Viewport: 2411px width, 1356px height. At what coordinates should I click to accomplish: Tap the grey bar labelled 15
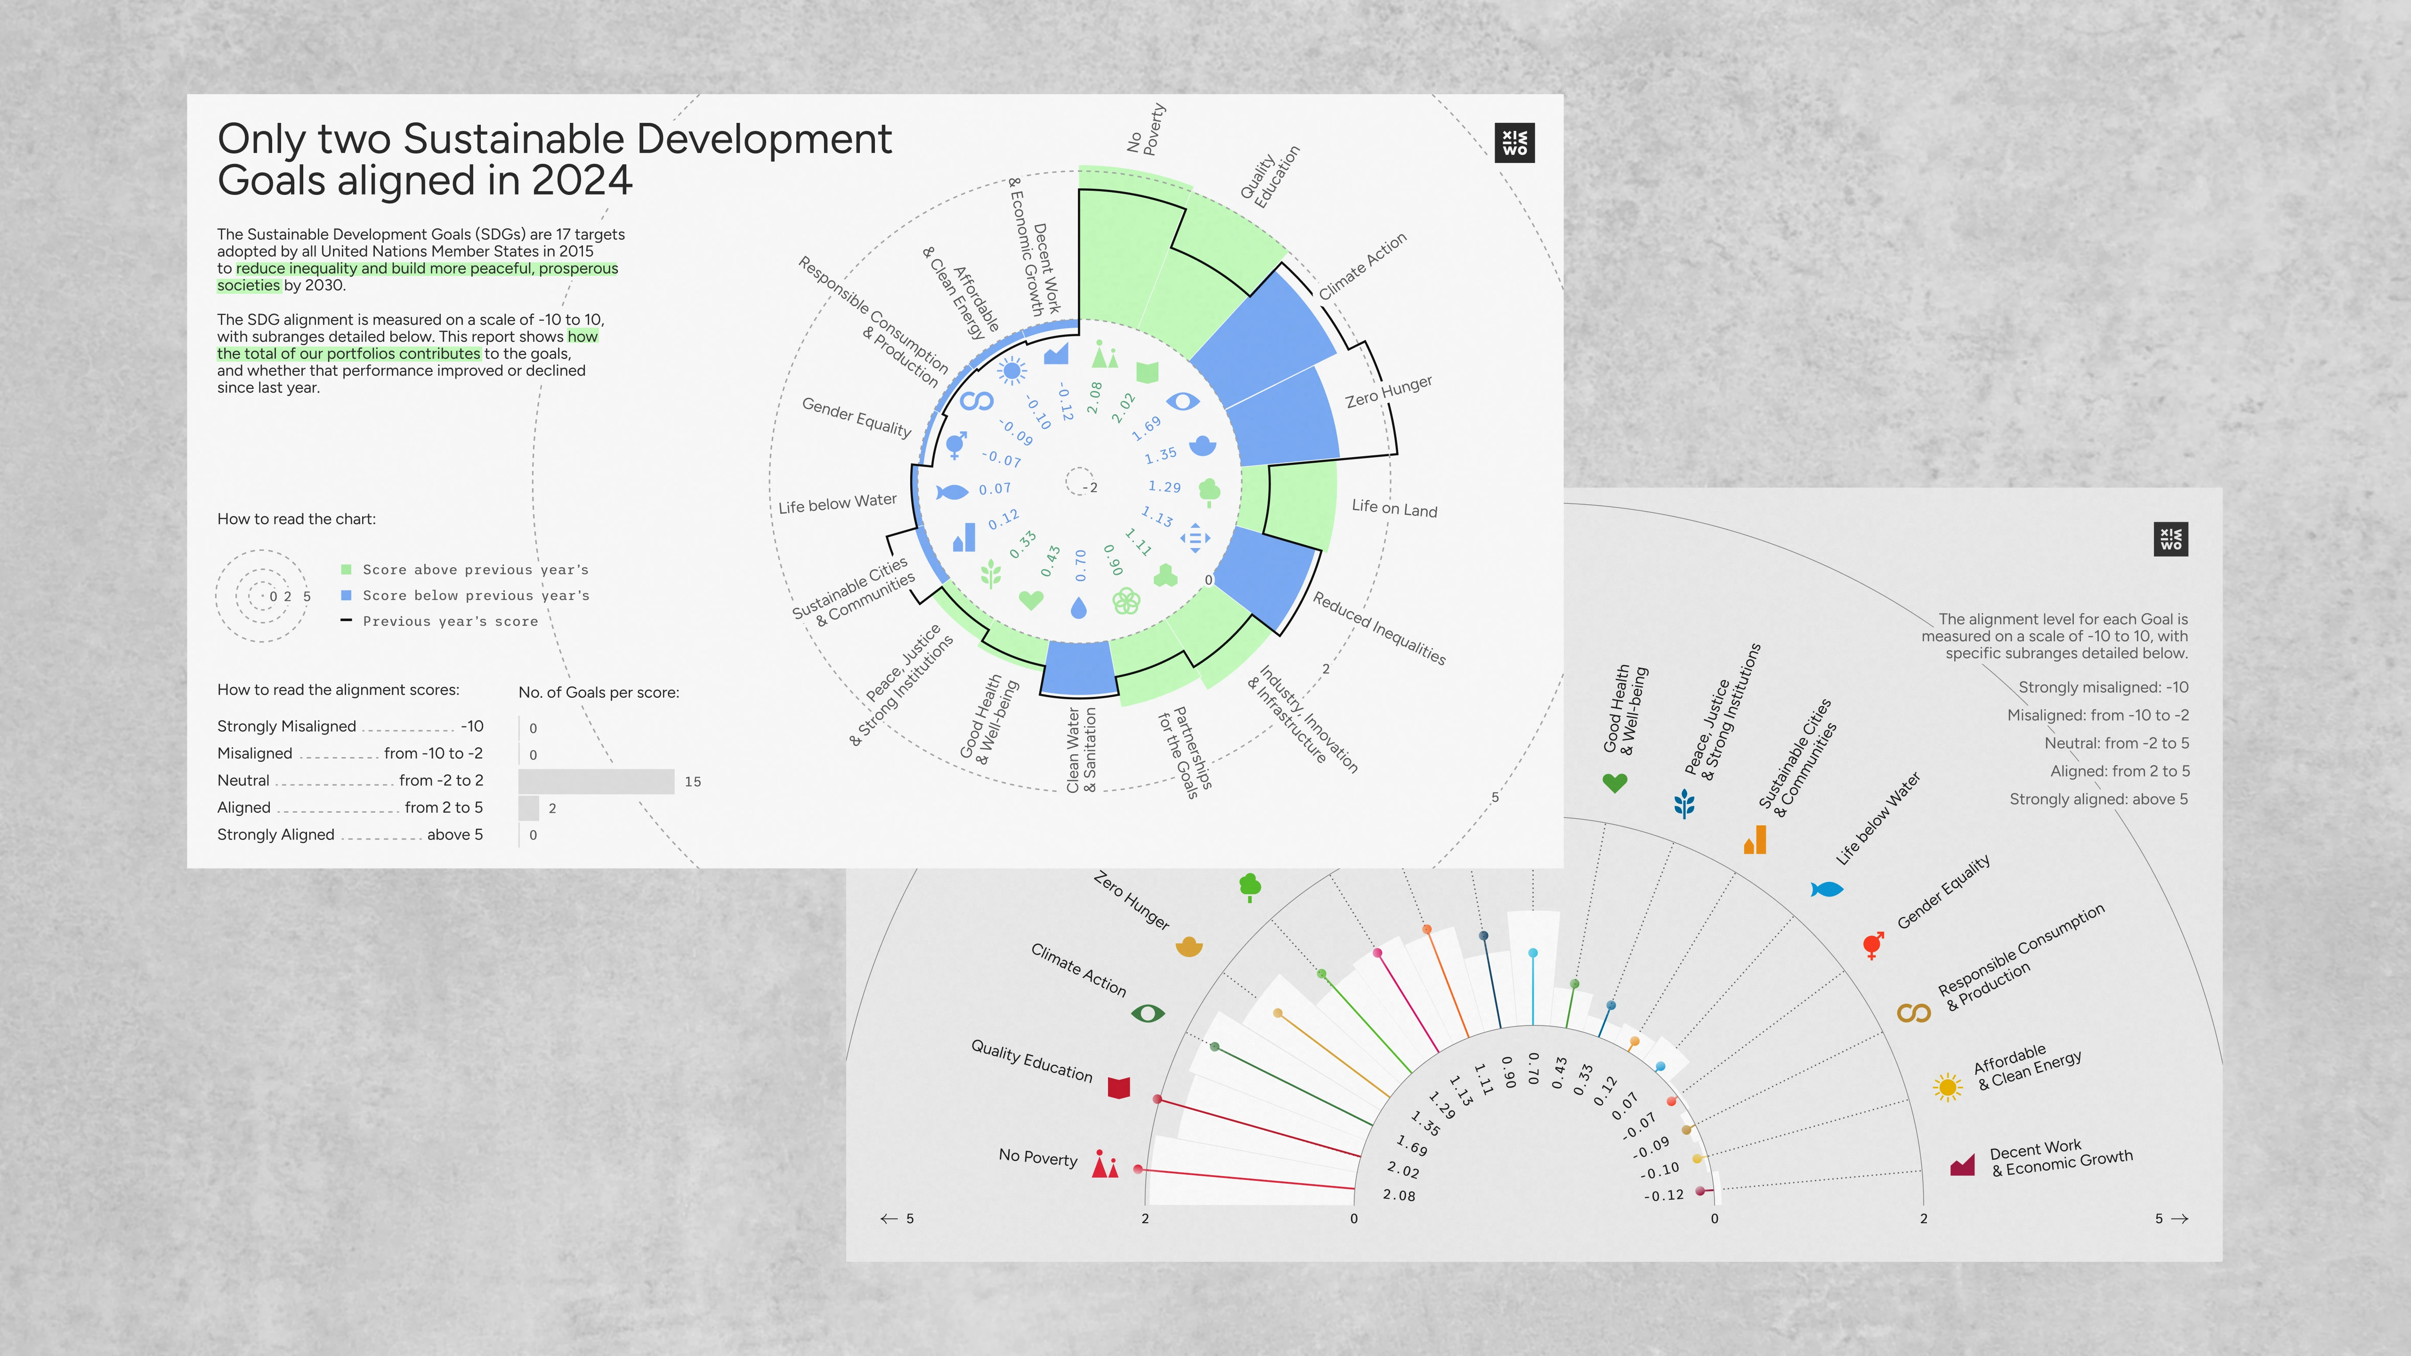[596, 782]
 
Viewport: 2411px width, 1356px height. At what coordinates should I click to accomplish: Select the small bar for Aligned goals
[529, 807]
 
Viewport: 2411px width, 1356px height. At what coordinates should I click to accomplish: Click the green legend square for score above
[346, 569]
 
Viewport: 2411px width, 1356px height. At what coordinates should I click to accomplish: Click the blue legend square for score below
[346, 595]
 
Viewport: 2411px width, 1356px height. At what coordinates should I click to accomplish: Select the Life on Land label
[1394, 508]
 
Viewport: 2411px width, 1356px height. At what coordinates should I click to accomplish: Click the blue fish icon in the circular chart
[952, 492]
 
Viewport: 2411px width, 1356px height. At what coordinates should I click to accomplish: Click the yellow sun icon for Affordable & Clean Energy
[1948, 1087]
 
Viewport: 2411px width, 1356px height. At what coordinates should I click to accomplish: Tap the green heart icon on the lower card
[1615, 783]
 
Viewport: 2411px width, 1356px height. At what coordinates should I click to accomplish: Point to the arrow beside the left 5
[888, 1219]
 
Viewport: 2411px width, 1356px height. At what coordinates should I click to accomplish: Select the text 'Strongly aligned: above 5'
[2098, 799]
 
